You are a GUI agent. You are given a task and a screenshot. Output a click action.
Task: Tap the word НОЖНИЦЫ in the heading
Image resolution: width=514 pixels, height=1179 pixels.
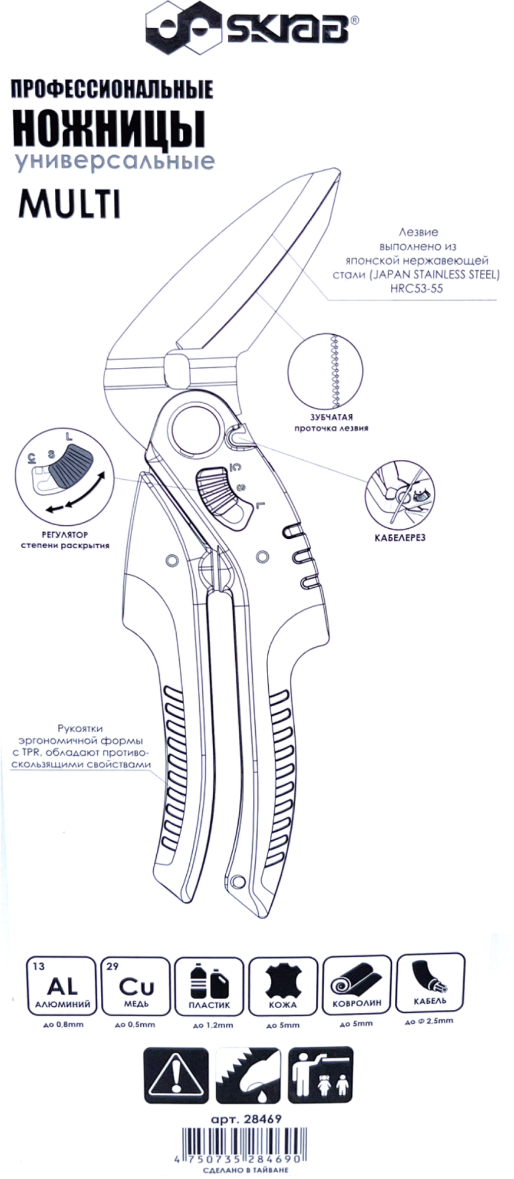108,129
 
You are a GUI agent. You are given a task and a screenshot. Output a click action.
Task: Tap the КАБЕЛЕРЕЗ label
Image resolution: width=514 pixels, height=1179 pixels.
400,537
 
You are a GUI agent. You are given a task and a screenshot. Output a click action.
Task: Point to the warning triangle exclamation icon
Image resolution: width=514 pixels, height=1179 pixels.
176,1074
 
